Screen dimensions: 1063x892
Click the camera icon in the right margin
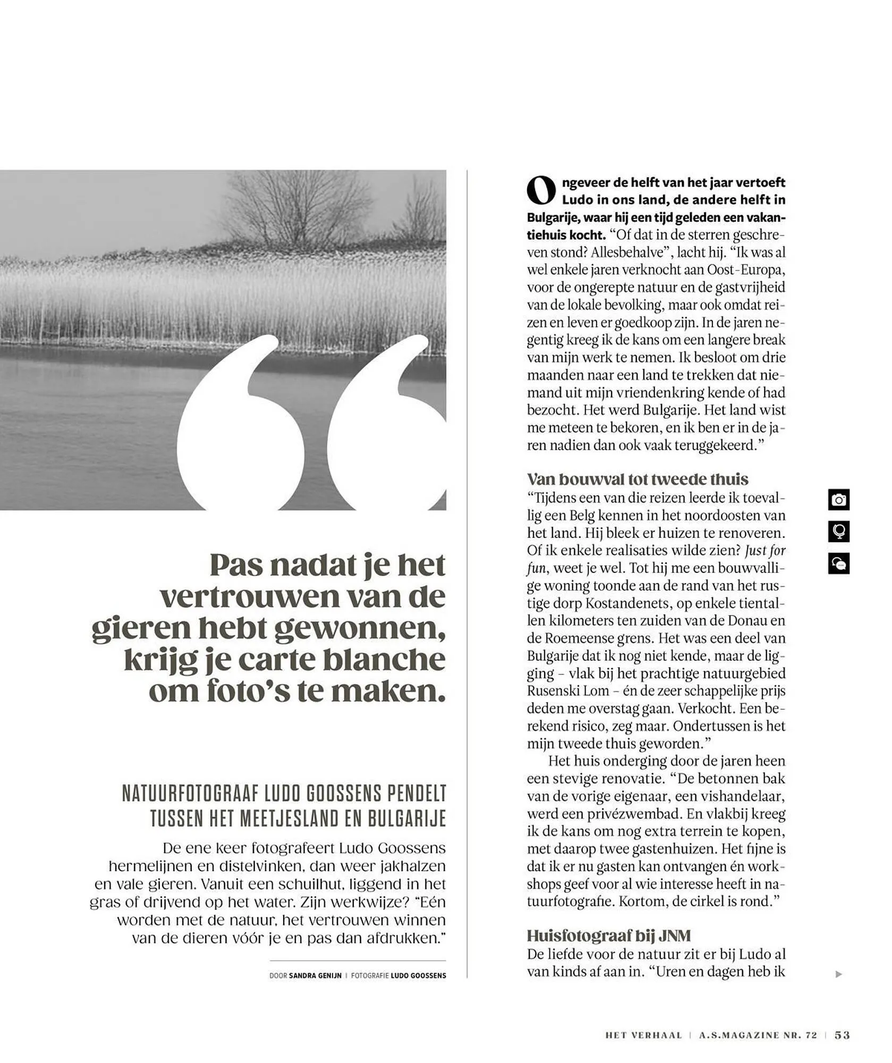[x=838, y=500]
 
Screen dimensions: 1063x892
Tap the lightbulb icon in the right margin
[x=838, y=531]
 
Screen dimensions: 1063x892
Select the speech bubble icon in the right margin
[x=838, y=563]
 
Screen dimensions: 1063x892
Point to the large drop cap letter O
[x=541, y=191]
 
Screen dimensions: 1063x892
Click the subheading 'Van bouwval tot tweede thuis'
[x=637, y=479]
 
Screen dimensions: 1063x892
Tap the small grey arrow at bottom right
[x=838, y=974]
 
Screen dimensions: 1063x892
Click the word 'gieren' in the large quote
[x=140, y=628]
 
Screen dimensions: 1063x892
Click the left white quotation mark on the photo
[x=242, y=425]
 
